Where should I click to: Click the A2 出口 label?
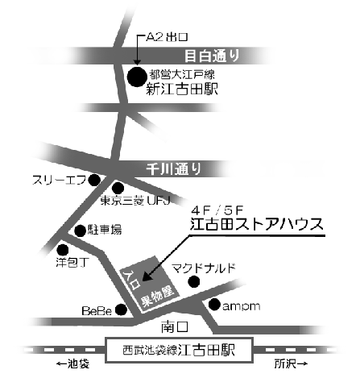[x=167, y=37]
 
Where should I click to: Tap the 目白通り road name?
[x=212, y=56]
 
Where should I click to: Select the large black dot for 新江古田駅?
[x=137, y=77]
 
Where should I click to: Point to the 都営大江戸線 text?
[x=182, y=74]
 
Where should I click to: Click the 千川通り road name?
[x=174, y=169]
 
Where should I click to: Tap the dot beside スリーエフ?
[x=94, y=180]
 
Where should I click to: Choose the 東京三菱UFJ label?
[x=135, y=201]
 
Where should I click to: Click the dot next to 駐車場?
[x=80, y=231]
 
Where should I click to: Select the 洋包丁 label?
[x=72, y=262]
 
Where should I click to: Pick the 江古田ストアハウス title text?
[x=257, y=223]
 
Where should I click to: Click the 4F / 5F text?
[x=217, y=210]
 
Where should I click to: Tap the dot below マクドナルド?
[x=194, y=281]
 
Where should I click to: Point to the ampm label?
[x=242, y=306]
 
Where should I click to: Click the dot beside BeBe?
[x=121, y=309]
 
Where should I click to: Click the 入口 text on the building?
[x=131, y=280]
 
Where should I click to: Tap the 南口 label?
[x=175, y=327]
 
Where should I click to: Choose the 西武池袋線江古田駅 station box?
[x=179, y=351]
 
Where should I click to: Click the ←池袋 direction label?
[x=72, y=364]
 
